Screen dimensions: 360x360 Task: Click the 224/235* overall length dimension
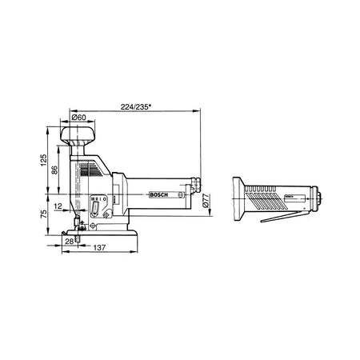point(136,107)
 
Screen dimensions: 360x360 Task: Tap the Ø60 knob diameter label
point(79,117)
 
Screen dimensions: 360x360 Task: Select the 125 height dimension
point(43,160)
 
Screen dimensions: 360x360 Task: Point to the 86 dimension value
point(54,170)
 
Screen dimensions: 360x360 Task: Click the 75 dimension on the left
point(43,214)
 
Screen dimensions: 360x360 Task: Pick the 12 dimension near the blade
point(58,206)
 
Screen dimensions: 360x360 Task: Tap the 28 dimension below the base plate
point(69,242)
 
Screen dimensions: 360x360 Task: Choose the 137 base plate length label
point(99,248)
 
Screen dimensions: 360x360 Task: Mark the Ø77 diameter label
point(206,201)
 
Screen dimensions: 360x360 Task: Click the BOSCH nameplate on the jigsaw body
point(159,194)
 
